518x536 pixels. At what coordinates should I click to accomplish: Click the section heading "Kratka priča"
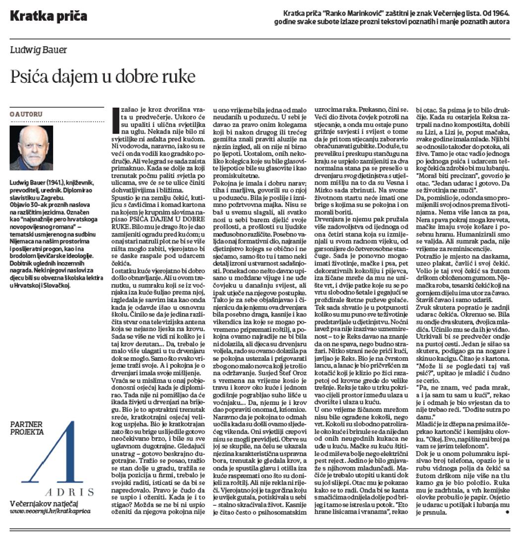[x=48, y=16]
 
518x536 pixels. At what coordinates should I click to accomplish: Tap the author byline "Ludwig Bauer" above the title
[x=38, y=50]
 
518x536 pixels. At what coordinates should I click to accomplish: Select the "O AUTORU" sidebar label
[x=26, y=114]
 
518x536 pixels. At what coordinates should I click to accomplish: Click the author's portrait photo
[x=31, y=148]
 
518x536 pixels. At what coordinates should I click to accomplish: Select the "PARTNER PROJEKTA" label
[x=27, y=428]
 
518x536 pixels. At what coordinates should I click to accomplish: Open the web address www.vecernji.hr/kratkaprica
[x=50, y=511]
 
